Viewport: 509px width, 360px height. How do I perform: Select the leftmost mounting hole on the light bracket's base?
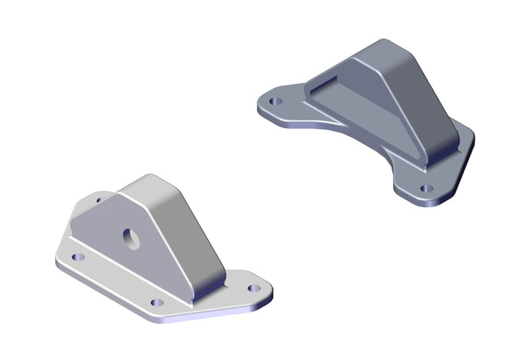pyautogui.click(x=77, y=258)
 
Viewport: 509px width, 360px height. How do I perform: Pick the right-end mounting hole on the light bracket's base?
pyautogui.click(x=254, y=287)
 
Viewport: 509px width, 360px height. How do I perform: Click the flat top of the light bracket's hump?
pyautogui.click(x=149, y=186)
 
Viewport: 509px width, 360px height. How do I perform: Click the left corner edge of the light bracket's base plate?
pyautogui.click(x=54, y=261)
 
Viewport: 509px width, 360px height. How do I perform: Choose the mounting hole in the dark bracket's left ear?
pyautogui.click(x=275, y=101)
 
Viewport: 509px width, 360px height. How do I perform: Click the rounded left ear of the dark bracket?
pyautogui.click(x=268, y=104)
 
